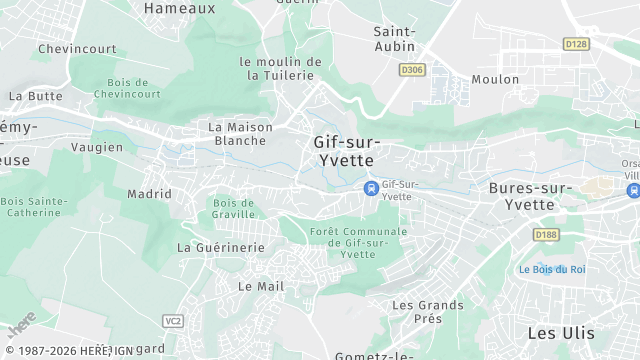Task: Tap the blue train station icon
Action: tap(371, 188)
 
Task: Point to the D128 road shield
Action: tap(575, 44)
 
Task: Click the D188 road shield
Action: tap(546, 235)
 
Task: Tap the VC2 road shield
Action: tap(173, 320)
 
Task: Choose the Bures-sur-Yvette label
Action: tap(530, 196)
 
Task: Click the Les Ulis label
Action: tap(560, 332)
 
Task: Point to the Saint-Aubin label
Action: tap(395, 39)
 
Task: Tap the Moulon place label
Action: tap(495, 79)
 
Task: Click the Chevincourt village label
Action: tap(77, 48)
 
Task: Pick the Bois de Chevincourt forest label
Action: tap(127, 88)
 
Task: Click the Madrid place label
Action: tap(150, 194)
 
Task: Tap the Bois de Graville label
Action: tap(233, 208)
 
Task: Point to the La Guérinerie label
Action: tap(221, 247)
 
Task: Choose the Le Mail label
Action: tap(261, 286)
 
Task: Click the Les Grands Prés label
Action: tap(428, 311)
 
